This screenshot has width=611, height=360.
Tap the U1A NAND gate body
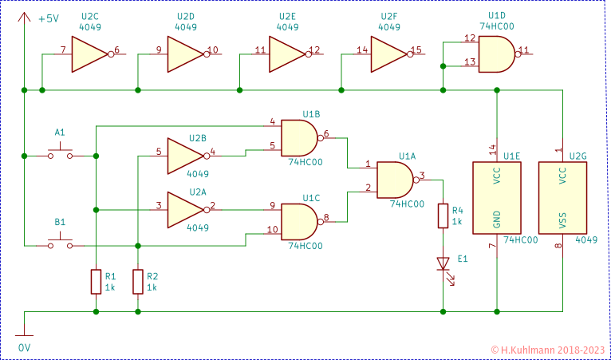click(394, 179)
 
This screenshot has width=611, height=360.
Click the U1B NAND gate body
click(300, 136)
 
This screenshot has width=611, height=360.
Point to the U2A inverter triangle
click(183, 209)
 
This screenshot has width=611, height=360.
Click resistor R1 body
click(96, 282)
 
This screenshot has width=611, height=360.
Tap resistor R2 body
click(138, 282)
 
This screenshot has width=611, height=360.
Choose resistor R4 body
click(443, 216)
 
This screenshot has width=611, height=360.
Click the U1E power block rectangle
click(496, 197)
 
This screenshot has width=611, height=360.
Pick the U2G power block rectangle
click(562, 197)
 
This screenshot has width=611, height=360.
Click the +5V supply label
click(49, 18)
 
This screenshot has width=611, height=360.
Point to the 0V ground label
click(24, 348)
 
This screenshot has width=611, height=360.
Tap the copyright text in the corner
click(547, 350)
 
